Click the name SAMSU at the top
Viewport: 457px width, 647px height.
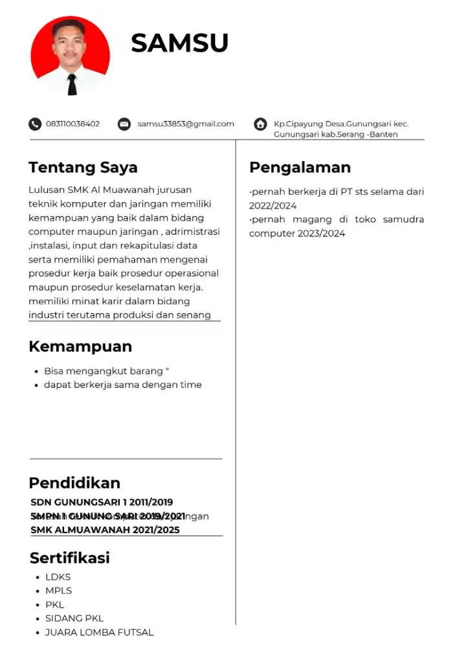179,43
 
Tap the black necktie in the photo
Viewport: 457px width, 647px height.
72,83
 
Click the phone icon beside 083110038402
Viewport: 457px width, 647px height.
34,124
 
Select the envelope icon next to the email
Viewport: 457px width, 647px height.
124,124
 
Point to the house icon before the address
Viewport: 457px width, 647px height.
260,124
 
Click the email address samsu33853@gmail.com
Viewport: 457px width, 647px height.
186,124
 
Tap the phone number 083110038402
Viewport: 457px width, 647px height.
72,124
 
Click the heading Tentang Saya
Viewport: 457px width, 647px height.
83,168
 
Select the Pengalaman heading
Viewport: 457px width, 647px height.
300,168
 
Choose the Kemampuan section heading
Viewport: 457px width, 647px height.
80,347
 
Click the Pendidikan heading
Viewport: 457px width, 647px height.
74,483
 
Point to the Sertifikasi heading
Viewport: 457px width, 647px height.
70,558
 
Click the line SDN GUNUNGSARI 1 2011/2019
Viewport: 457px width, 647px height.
102,502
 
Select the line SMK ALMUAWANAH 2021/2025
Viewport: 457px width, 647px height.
105,530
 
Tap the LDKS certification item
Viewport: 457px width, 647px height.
58,577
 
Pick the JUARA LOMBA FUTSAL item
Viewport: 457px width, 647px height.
99,632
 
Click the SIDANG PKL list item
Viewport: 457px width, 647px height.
74,618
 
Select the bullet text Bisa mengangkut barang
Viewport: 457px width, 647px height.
104,371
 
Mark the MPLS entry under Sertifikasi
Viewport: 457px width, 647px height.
58,591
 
